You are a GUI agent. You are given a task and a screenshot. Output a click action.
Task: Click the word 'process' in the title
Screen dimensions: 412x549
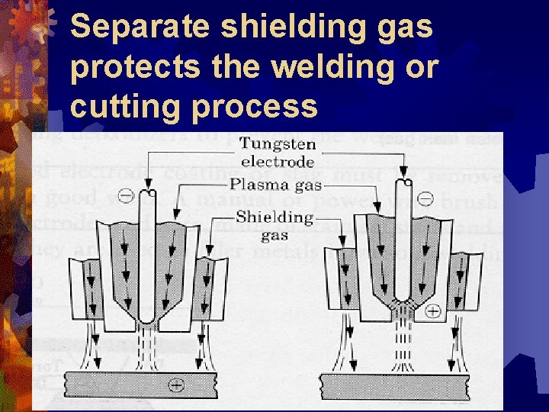(x=255, y=106)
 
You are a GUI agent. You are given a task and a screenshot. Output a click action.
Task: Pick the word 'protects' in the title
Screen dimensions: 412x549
(x=124, y=67)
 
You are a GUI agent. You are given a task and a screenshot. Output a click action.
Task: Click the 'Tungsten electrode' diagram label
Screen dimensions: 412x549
(x=278, y=152)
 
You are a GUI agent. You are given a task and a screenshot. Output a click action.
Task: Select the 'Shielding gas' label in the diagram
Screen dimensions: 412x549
(x=275, y=224)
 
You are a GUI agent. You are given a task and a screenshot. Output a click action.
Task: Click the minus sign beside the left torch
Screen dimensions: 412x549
(x=127, y=197)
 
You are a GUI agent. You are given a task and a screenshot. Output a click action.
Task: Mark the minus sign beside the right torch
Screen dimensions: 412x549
(x=426, y=199)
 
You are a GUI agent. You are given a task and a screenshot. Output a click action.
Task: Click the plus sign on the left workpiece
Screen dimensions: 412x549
(x=176, y=385)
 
